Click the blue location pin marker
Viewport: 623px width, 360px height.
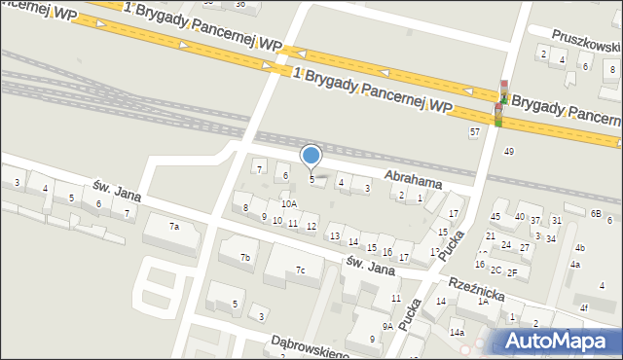click(311, 156)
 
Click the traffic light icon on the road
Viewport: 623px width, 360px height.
click(499, 102)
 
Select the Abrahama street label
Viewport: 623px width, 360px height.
click(414, 181)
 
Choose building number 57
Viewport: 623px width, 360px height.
click(475, 131)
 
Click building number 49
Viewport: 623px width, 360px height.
click(508, 151)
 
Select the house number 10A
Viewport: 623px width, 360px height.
click(289, 204)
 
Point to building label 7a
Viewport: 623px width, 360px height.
click(174, 227)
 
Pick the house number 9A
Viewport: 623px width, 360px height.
click(387, 326)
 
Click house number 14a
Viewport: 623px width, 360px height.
click(457, 333)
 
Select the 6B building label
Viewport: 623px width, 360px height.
click(596, 213)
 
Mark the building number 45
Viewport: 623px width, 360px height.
click(495, 216)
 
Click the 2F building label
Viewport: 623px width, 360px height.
click(511, 272)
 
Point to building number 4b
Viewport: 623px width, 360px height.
click(579, 248)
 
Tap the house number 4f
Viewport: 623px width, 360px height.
click(584, 308)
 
